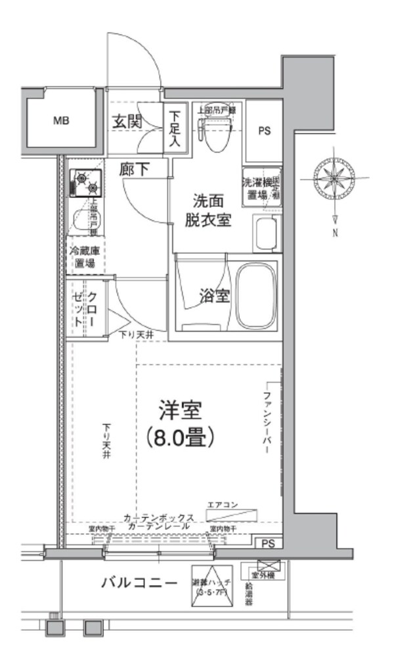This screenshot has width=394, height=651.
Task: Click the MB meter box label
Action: point(61,120)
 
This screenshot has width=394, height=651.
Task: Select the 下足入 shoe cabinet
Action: point(174,128)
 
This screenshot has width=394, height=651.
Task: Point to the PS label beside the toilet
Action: point(264,130)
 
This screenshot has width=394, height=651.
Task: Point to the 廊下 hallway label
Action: point(134,169)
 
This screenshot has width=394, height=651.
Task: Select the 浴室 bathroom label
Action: point(214,297)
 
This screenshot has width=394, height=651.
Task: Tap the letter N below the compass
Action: point(335,233)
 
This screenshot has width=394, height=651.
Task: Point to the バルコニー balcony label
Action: point(139,583)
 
